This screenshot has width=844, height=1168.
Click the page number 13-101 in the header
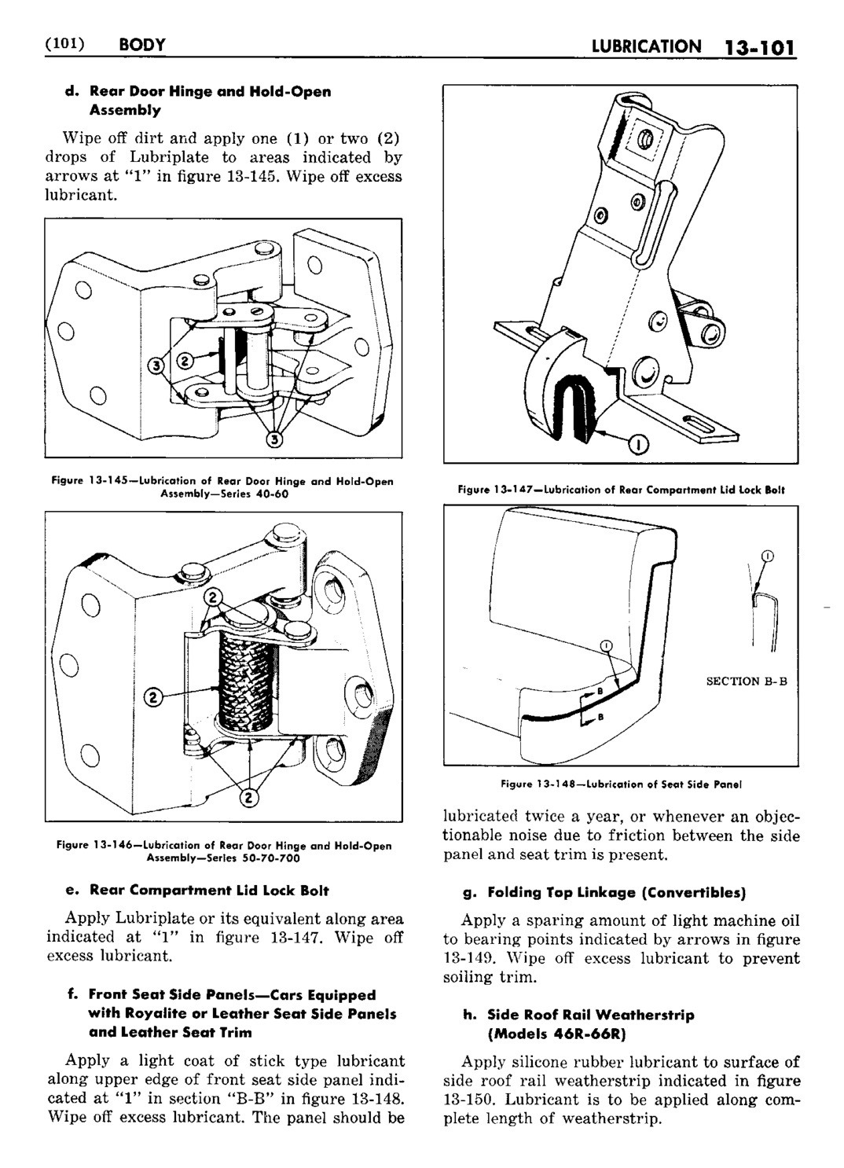759,48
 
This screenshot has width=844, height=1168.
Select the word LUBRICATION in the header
647,46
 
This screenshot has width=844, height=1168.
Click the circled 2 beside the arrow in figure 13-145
185,360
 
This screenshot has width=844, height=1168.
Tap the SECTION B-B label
747,681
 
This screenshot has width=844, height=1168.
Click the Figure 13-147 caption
621,490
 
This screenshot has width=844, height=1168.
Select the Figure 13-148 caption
621,784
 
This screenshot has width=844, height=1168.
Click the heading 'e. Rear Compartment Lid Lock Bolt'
198,890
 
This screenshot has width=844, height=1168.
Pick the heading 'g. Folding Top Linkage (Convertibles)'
605,893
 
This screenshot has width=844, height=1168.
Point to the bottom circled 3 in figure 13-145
274,440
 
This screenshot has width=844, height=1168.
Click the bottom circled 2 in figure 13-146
248,797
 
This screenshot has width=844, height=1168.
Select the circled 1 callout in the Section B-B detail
767,556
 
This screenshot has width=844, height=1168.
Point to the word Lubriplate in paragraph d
169,157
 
